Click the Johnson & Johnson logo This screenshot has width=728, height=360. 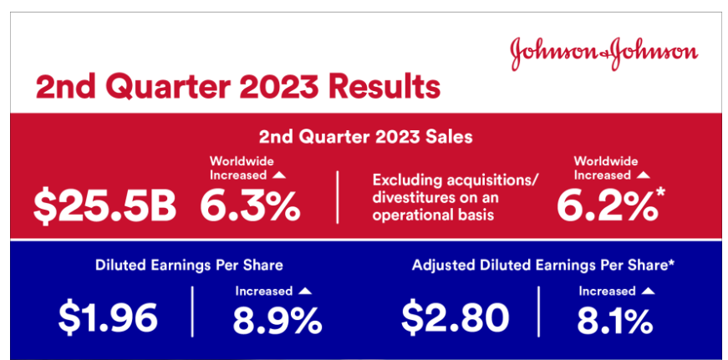click(x=604, y=53)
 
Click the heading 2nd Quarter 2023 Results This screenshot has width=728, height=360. click(x=237, y=87)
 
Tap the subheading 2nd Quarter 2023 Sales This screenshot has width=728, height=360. click(x=365, y=137)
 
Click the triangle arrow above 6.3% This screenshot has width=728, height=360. click(x=278, y=175)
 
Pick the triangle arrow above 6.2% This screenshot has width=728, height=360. click(x=643, y=175)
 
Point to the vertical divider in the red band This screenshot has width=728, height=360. click(x=338, y=197)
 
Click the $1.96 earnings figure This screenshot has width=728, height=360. click(x=108, y=317)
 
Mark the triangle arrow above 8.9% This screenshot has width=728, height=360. click(x=305, y=291)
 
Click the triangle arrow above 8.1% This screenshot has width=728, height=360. click(x=648, y=291)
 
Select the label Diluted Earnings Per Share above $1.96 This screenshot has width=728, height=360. click(x=189, y=266)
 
